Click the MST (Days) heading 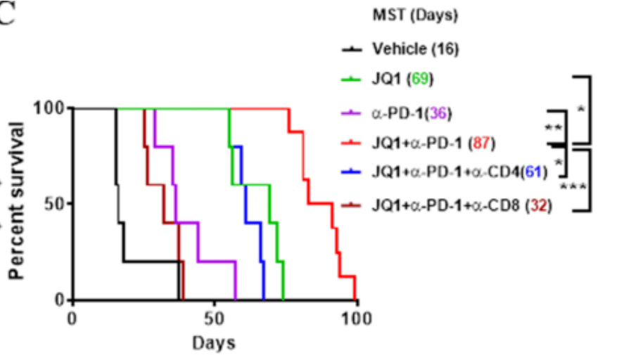click(x=405, y=15)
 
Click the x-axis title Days click(x=215, y=343)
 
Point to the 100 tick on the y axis click(x=49, y=108)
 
